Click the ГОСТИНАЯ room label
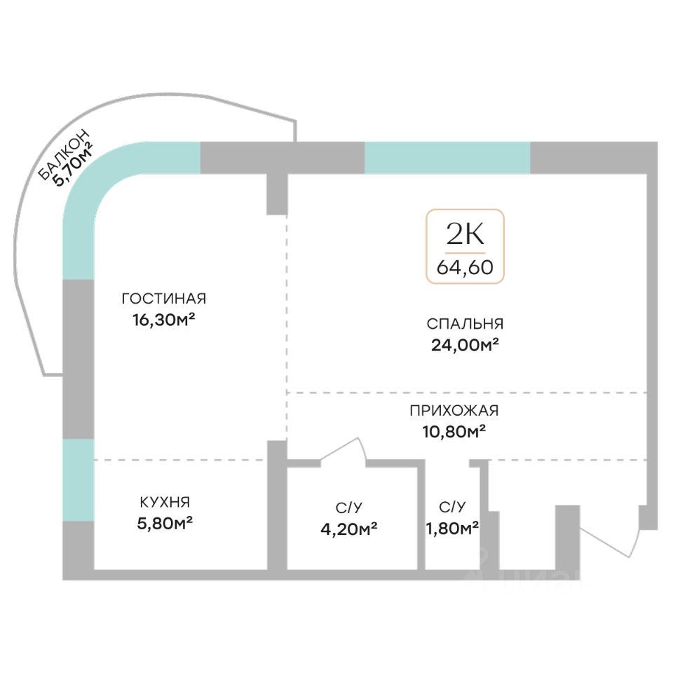pyautogui.click(x=163, y=299)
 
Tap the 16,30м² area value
pyautogui.click(x=163, y=320)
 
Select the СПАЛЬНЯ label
pyautogui.click(x=465, y=323)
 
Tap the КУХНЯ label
pyautogui.click(x=164, y=502)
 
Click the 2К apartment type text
pyautogui.click(x=465, y=233)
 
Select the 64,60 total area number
pyautogui.click(x=465, y=267)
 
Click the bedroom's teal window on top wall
pyautogui.click(x=447, y=158)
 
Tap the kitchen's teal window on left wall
pyautogui.click(x=78, y=480)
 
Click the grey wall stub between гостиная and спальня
pyautogui.click(x=277, y=193)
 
